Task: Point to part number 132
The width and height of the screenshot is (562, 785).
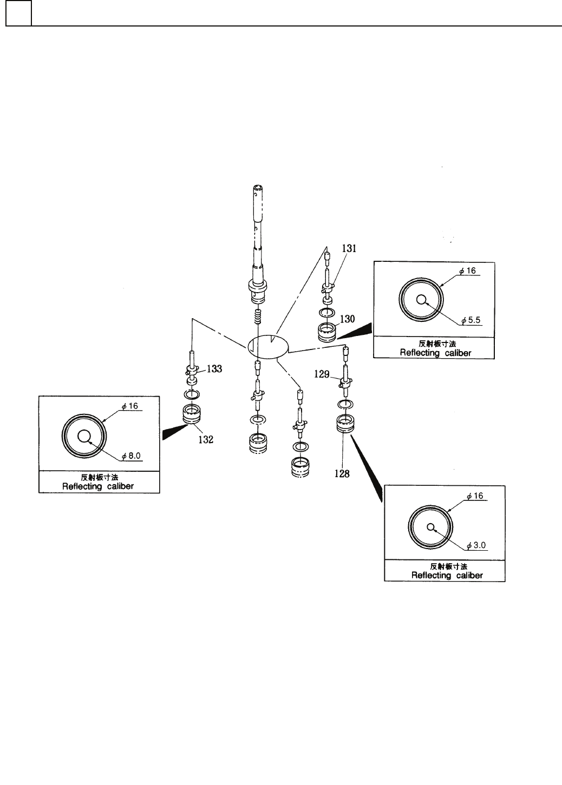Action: [205, 440]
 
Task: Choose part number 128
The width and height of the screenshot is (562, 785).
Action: [342, 474]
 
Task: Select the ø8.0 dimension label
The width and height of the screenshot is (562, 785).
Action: [132, 456]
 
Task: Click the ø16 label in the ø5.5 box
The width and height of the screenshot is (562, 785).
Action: [468, 271]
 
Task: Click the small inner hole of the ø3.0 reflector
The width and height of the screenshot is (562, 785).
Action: [431, 527]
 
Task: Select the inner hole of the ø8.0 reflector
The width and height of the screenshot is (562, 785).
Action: [84, 436]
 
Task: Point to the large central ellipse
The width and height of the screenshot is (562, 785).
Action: [269, 346]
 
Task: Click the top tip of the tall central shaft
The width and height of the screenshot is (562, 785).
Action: [259, 188]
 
